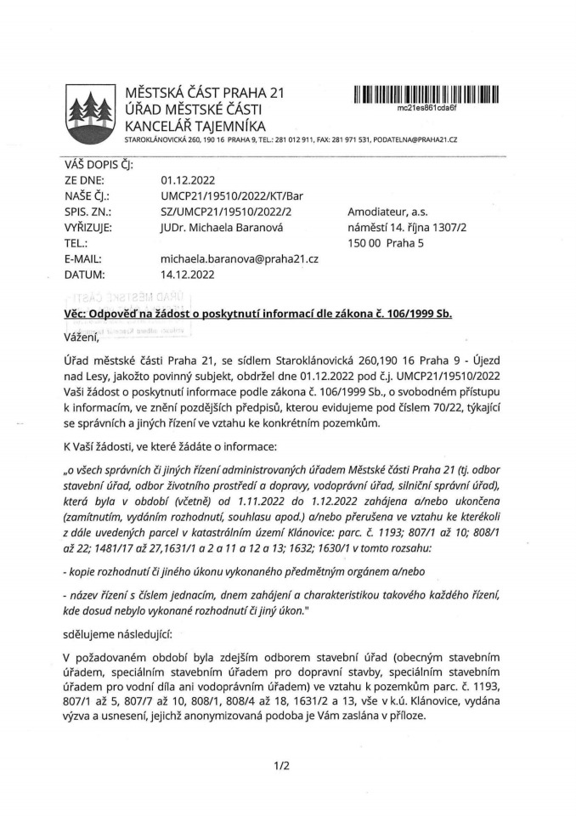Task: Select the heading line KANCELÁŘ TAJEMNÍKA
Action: coord(195,126)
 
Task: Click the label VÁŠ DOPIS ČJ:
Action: coord(98,165)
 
